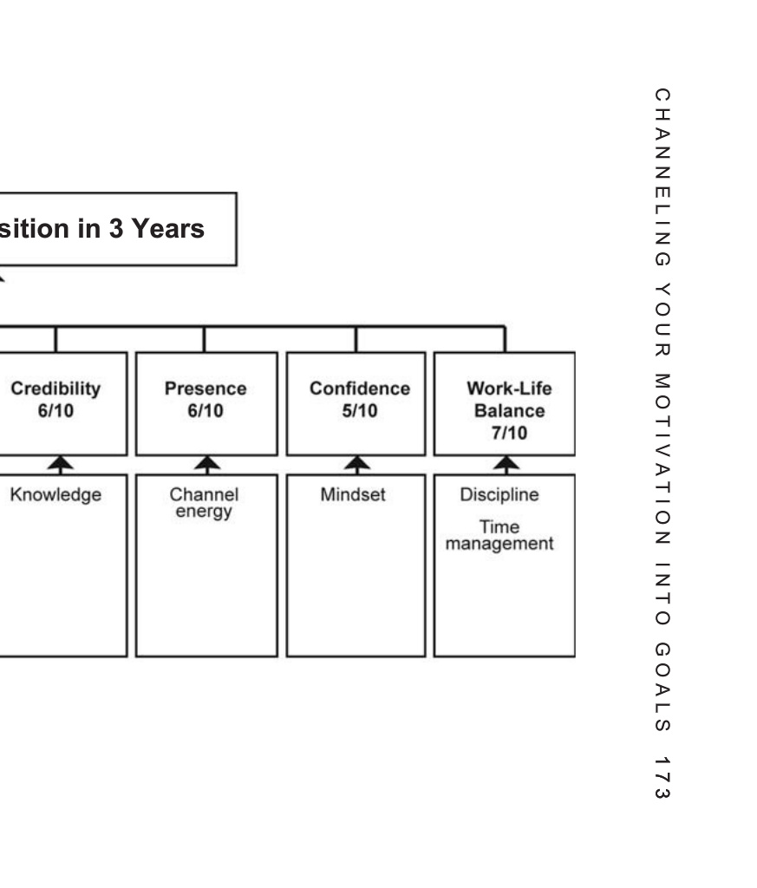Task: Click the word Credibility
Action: pyautogui.click(x=55, y=389)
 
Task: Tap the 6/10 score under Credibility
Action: pyautogui.click(x=55, y=410)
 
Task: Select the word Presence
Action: pyautogui.click(x=206, y=389)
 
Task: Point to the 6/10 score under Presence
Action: pyautogui.click(x=206, y=410)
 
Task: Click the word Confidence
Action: pyautogui.click(x=359, y=389)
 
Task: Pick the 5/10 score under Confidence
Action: pyautogui.click(x=359, y=410)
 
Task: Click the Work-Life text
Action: pyautogui.click(x=508, y=389)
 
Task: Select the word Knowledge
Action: pyautogui.click(x=55, y=495)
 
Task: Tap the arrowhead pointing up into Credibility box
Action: pyautogui.click(x=59, y=465)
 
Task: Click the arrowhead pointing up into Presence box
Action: pyautogui.click(x=207, y=465)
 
